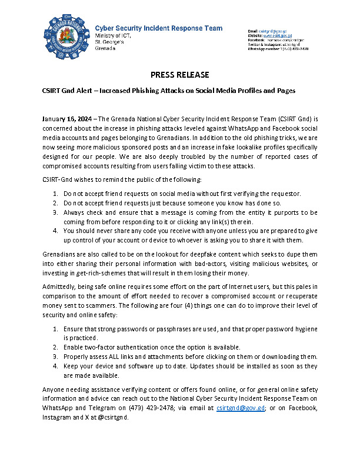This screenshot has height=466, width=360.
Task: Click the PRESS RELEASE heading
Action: click(x=180, y=74)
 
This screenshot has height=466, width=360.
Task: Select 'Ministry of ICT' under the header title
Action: click(x=109, y=35)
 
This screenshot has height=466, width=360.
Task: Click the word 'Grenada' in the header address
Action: click(x=105, y=48)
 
